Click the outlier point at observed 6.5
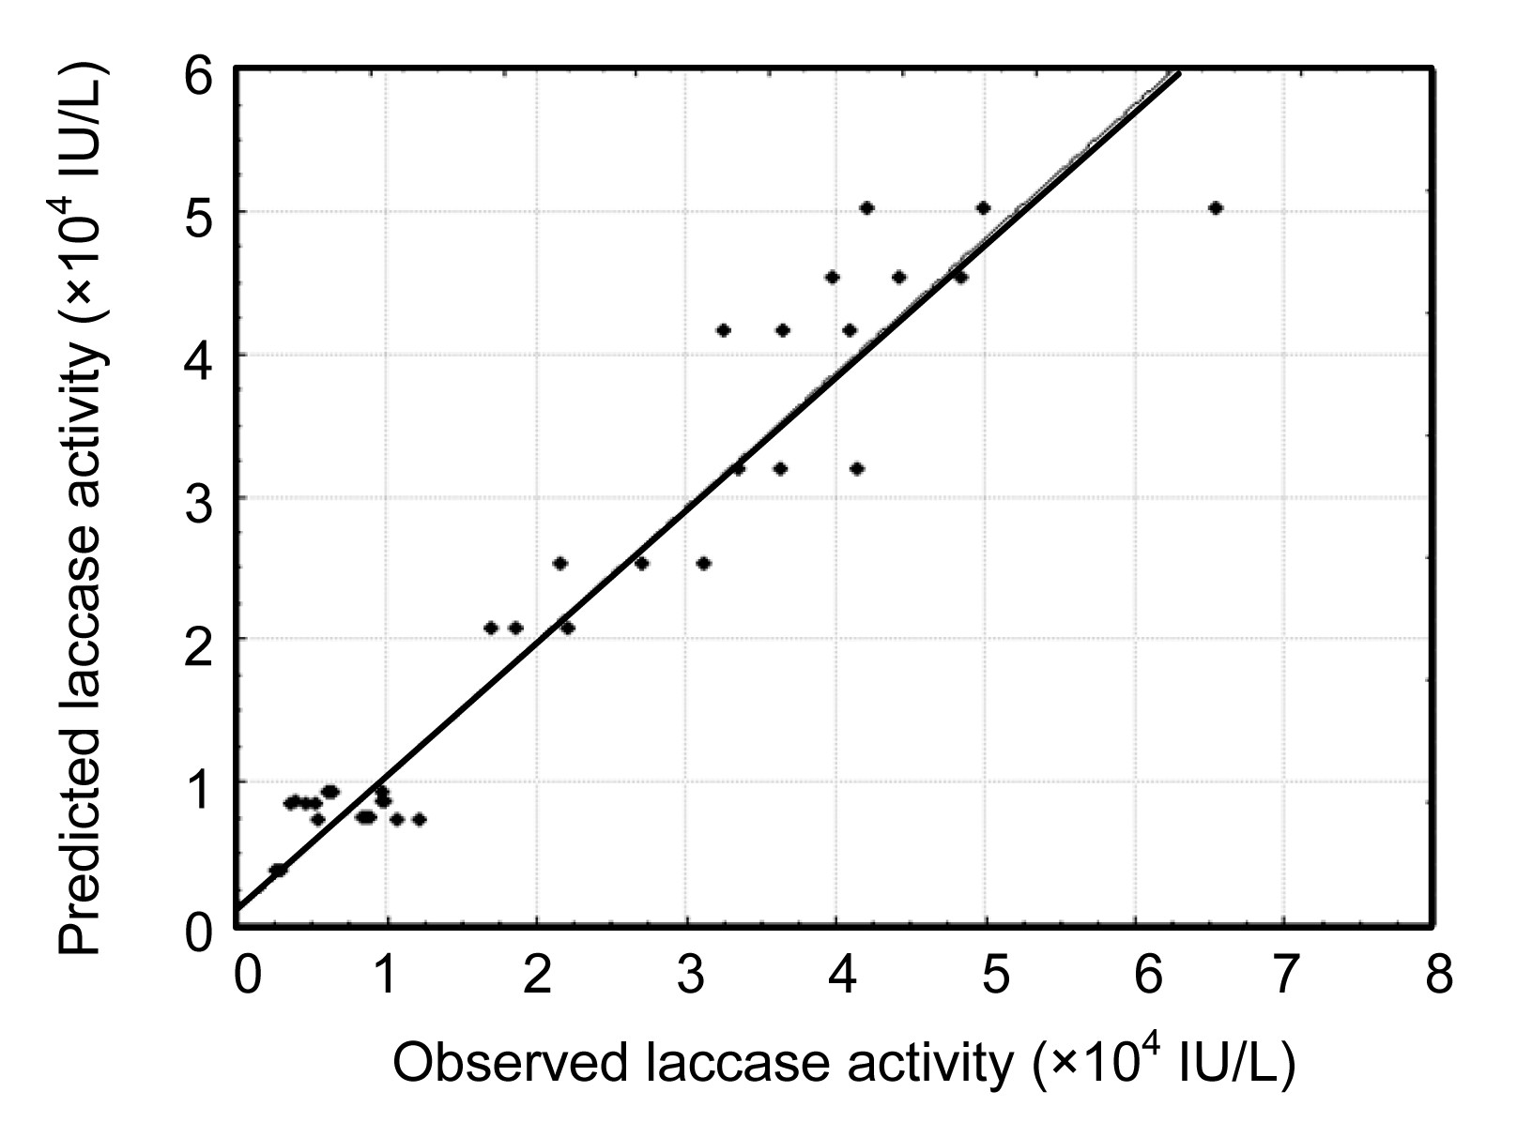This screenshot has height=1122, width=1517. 1216,208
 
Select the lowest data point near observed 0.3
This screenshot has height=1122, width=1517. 278,870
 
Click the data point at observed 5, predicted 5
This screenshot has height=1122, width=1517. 983,208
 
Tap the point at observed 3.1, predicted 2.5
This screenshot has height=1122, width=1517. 703,563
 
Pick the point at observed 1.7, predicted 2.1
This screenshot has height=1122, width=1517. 490,628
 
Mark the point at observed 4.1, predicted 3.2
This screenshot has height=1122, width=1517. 856,468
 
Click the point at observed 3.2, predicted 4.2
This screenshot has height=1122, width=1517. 723,330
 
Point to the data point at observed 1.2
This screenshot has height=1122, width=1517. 419,819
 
